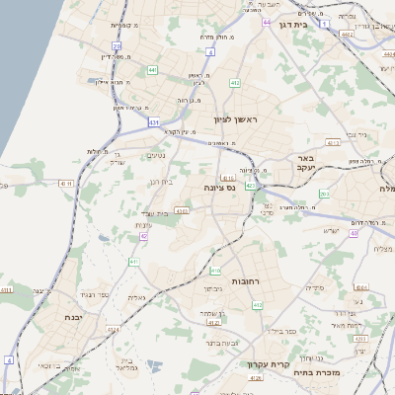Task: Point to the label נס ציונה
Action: pos(219,186)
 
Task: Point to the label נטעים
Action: pos(156,155)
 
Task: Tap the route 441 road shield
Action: pos(152,70)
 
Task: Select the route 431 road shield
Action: pos(153,121)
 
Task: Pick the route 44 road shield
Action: pos(269,20)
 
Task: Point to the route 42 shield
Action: pos(144,236)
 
